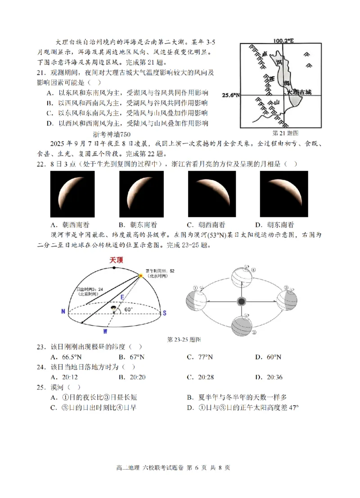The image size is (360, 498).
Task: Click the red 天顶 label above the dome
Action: tap(116, 260)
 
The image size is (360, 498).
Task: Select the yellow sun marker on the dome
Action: tap(141, 275)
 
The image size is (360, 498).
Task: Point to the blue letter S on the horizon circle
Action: tap(165, 312)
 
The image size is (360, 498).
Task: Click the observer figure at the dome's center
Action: tap(113, 309)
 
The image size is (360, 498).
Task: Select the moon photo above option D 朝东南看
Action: tap(284, 194)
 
